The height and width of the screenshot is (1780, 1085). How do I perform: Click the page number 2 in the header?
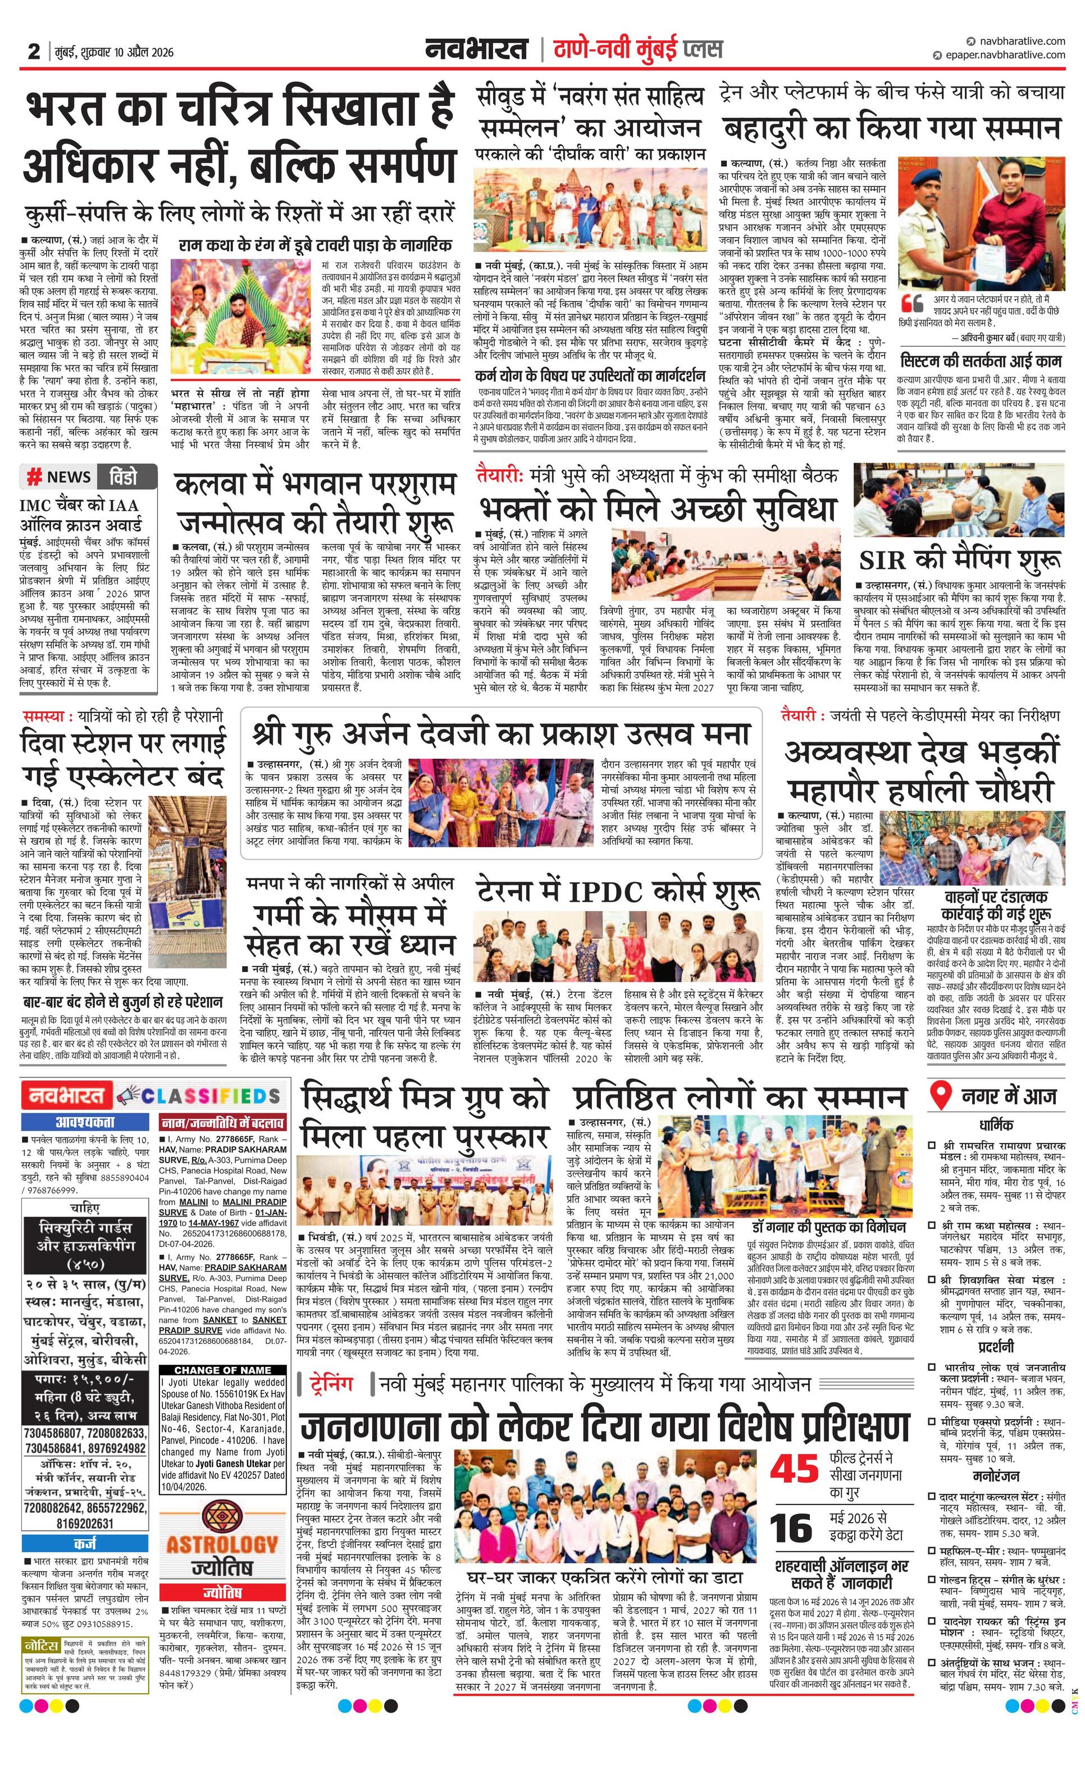[33, 51]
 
